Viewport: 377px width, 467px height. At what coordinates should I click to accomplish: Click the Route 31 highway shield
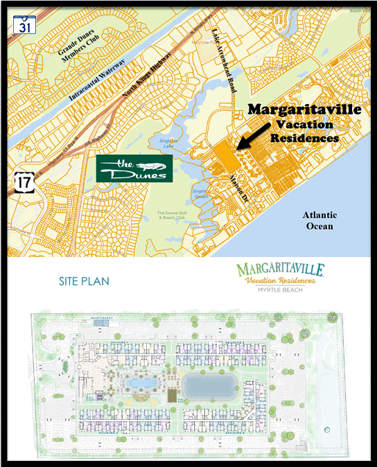point(24,25)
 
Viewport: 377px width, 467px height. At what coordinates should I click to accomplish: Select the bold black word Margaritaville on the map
point(304,110)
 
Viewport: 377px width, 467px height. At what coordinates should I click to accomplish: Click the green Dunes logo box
point(134,168)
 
